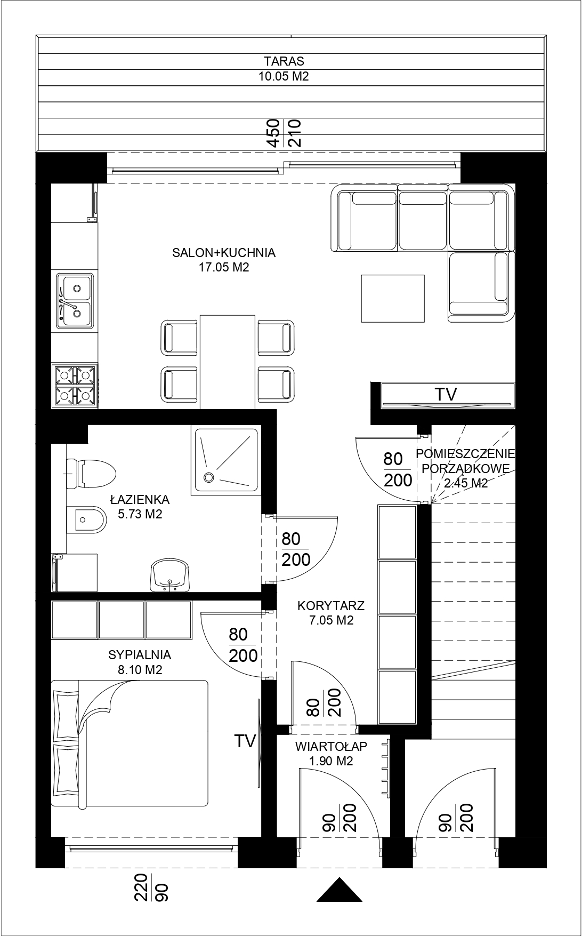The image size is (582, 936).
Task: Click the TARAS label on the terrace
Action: tap(284, 61)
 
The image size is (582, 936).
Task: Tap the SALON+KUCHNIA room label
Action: tap(224, 253)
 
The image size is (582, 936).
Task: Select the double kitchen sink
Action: tap(75, 300)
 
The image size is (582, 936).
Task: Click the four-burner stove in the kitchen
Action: tap(75, 386)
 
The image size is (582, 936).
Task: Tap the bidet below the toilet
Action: tap(85, 519)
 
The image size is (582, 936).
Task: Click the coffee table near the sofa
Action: tap(393, 299)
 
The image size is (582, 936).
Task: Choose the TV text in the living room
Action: tap(446, 395)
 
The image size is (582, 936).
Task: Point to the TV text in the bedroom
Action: tap(246, 741)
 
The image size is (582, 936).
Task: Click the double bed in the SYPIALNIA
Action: tap(130, 744)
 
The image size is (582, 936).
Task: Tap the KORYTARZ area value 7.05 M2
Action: tap(331, 620)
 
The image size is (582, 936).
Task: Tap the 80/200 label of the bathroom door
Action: tap(296, 549)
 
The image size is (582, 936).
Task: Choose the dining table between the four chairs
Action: tap(228, 362)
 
